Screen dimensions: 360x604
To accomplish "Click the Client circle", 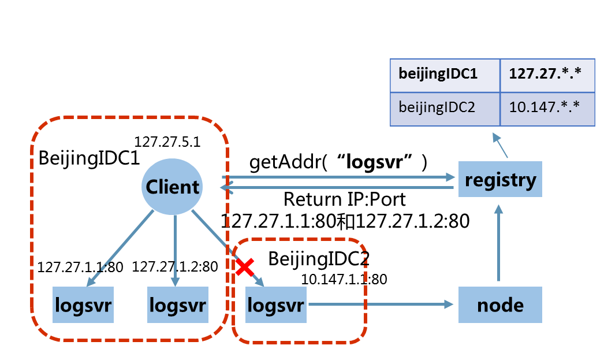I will tap(172, 186).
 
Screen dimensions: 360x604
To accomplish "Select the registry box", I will tap(500, 180).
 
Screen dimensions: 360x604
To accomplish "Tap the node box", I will tap(500, 304).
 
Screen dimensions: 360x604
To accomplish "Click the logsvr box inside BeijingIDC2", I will tap(275, 304).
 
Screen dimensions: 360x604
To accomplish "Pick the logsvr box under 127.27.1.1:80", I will tap(83, 304).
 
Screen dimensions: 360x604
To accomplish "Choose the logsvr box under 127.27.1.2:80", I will tap(177, 304).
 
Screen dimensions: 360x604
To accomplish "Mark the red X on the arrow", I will tap(245, 266).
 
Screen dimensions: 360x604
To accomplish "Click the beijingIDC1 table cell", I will tap(445, 75).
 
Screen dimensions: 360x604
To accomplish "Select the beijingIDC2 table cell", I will tap(445, 108).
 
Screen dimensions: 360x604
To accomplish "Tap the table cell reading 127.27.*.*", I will tap(547, 75).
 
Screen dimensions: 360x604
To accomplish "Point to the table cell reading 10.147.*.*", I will tap(547, 108).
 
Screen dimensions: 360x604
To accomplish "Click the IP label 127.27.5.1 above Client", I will tap(167, 142).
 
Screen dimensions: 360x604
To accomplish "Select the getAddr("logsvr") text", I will tap(338, 162).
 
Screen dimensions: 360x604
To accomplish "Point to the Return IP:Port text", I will tap(344, 200).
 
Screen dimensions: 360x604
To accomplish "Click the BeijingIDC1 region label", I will tap(89, 158).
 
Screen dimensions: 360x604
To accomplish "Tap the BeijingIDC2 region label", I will tap(319, 258).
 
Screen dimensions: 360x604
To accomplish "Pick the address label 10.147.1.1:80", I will tap(344, 279).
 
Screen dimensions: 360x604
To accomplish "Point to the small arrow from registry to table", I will tap(500, 147).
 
